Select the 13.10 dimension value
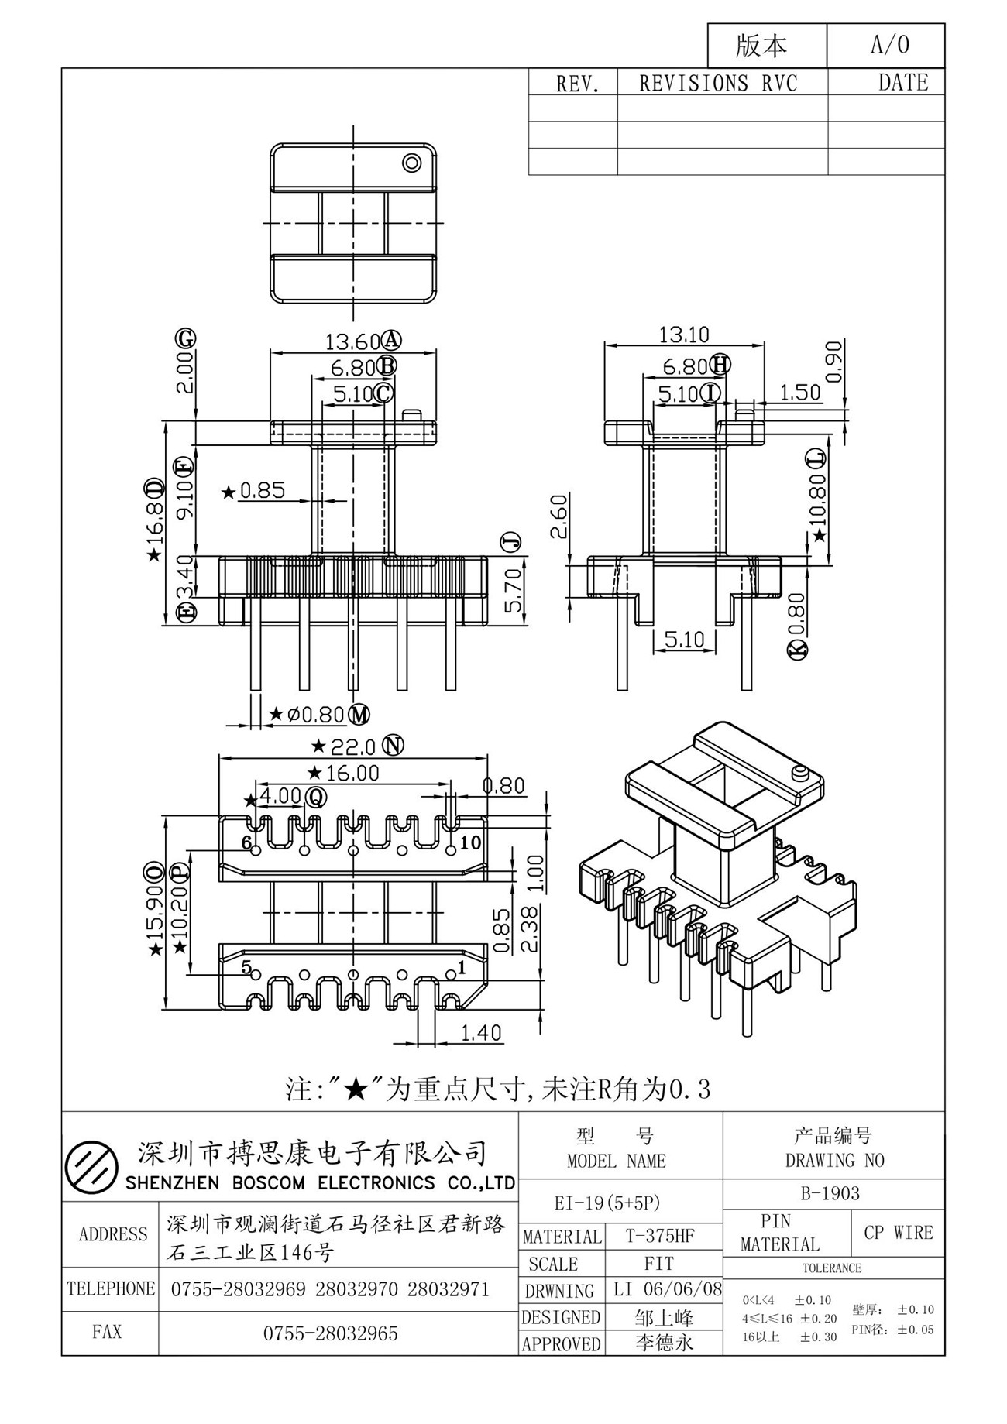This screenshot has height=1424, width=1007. [x=684, y=335]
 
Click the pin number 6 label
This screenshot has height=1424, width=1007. [x=247, y=842]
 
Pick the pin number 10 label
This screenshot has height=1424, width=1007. [x=470, y=842]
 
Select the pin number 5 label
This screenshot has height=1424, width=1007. [x=246, y=967]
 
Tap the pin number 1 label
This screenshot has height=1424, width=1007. [x=462, y=967]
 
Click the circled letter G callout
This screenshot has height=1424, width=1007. [x=185, y=339]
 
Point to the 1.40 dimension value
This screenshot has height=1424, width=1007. [x=481, y=1033]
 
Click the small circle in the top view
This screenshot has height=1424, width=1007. [x=411, y=163]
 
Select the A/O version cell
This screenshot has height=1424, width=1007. [x=886, y=45]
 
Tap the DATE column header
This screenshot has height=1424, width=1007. [x=903, y=83]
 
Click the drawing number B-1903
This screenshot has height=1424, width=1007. [x=830, y=1193]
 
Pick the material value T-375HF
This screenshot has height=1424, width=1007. [x=660, y=1237]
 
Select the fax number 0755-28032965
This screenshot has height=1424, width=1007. [x=331, y=1333]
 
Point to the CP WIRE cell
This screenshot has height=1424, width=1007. [x=899, y=1233]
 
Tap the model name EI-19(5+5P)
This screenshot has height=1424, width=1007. [x=607, y=1203]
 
